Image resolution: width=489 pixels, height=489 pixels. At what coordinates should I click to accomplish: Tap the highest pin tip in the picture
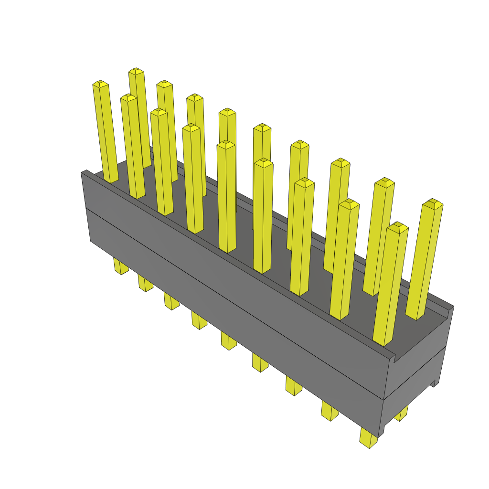(x=137, y=71)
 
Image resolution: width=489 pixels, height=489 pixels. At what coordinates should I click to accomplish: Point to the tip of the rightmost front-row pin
(x=397, y=227)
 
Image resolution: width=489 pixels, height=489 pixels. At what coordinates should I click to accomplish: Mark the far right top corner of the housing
(x=453, y=307)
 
